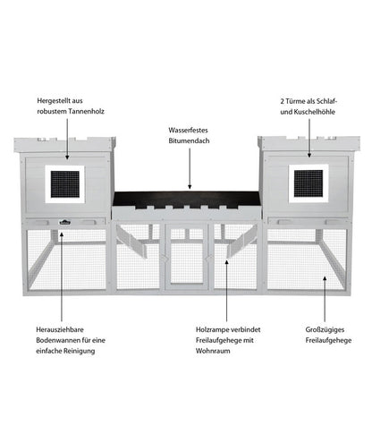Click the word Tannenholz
click(x=87, y=111)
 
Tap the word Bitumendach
click(x=189, y=140)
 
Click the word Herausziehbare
click(x=60, y=329)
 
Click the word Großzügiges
click(x=325, y=330)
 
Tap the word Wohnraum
click(x=213, y=351)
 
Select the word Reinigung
click(x=80, y=351)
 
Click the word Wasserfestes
click(x=188, y=130)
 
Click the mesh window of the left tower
click(x=65, y=184)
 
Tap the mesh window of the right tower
click(x=309, y=183)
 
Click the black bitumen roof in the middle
click(x=186, y=199)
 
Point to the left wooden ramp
click(x=131, y=242)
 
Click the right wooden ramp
click(x=242, y=242)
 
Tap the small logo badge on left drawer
click(x=64, y=222)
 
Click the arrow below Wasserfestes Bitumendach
click(x=190, y=168)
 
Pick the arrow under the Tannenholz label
click(x=67, y=139)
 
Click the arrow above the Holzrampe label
click(x=226, y=291)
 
